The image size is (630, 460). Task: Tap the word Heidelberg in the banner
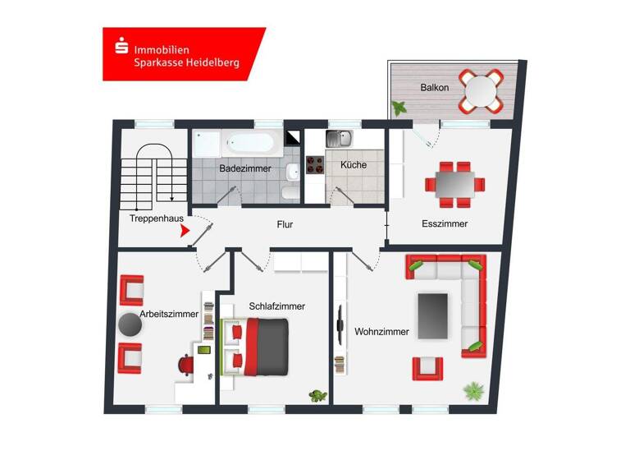(209, 62)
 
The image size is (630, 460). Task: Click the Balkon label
(434, 86)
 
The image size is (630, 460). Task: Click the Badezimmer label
(245, 168)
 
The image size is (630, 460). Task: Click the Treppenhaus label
(156, 218)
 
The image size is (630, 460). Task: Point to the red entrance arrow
(186, 233)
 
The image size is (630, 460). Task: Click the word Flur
(285, 223)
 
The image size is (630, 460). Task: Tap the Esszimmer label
(445, 223)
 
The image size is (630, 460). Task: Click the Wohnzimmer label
(381, 332)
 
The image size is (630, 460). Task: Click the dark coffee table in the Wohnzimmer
(433, 315)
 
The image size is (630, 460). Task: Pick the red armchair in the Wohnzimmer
(427, 367)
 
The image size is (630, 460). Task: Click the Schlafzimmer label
(277, 306)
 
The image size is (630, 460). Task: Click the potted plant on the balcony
(400, 108)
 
